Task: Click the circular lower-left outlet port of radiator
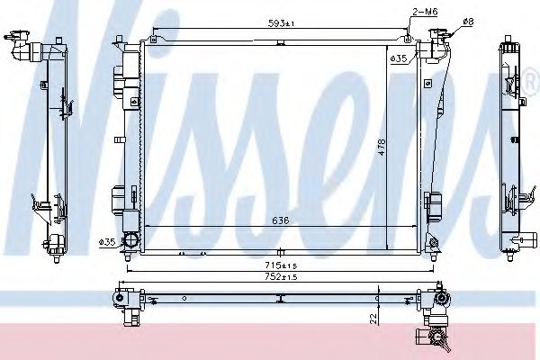[x=130, y=241]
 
